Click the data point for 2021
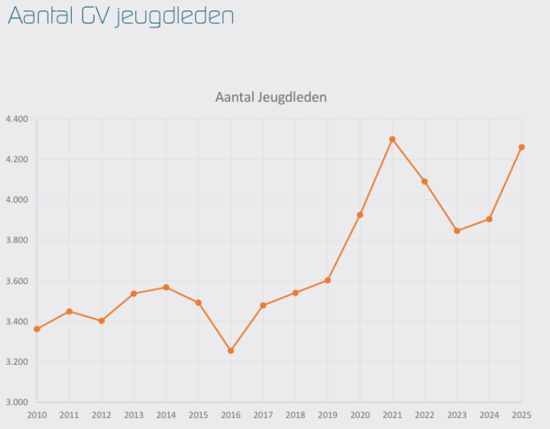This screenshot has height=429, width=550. [392, 139]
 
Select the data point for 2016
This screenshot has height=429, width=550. [230, 350]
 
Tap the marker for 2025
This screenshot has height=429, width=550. [521, 147]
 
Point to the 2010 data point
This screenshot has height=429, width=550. [37, 329]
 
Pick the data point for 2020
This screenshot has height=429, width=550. [360, 215]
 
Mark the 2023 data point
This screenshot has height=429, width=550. [456, 231]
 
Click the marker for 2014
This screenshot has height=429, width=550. [166, 287]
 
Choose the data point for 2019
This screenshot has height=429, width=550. [328, 280]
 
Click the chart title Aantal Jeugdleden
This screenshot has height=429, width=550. [270, 97]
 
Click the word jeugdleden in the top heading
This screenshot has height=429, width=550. [175, 16]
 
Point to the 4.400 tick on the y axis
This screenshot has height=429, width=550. [16, 119]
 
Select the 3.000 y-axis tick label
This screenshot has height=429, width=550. [16, 403]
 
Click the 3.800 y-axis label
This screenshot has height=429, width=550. [16, 241]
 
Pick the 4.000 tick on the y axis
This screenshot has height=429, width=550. [16, 200]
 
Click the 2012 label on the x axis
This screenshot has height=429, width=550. [101, 415]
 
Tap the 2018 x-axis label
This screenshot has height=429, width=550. [295, 415]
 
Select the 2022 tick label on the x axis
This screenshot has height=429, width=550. [425, 415]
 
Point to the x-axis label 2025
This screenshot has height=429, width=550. [521, 415]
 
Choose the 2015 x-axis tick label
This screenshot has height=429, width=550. [198, 415]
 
